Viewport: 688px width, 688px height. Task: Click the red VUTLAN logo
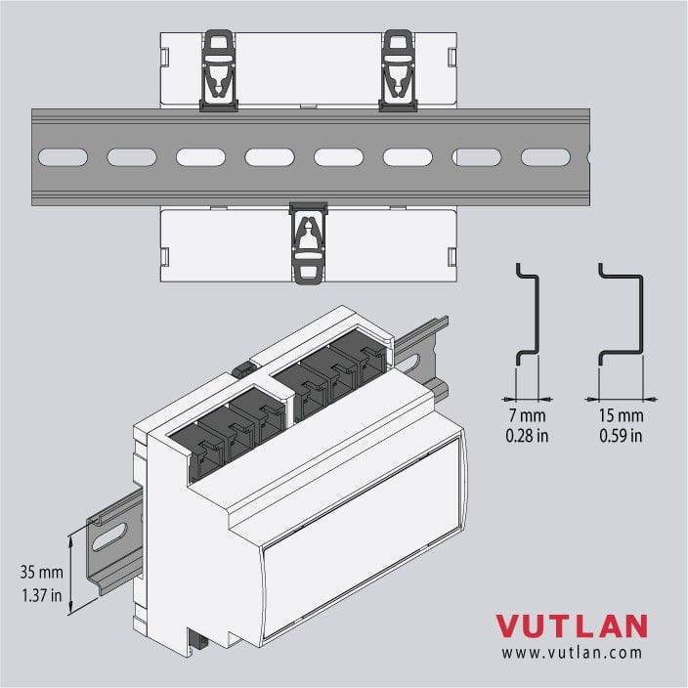click(x=572, y=626)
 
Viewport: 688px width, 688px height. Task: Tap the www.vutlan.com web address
click(x=572, y=653)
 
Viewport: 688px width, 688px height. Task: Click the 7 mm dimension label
click(x=527, y=415)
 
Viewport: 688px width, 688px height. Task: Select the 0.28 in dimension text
click(x=527, y=436)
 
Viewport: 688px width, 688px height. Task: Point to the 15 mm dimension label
click(x=621, y=415)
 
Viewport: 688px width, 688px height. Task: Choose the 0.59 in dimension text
click(x=621, y=436)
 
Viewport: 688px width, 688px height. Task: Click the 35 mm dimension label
click(x=42, y=572)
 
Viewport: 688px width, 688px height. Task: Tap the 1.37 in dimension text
click(x=42, y=595)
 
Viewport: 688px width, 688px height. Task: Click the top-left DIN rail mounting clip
click(x=219, y=70)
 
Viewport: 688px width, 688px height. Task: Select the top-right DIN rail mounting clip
click(x=398, y=70)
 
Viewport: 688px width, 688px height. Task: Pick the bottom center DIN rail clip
click(x=309, y=242)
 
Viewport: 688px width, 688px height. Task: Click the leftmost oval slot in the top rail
click(x=64, y=157)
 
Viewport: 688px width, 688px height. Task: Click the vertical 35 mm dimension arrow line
click(x=70, y=573)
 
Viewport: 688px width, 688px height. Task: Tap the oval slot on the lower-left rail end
click(x=111, y=536)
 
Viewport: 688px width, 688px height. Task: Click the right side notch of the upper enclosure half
click(x=451, y=57)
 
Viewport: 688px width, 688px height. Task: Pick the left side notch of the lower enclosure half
click(x=164, y=257)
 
